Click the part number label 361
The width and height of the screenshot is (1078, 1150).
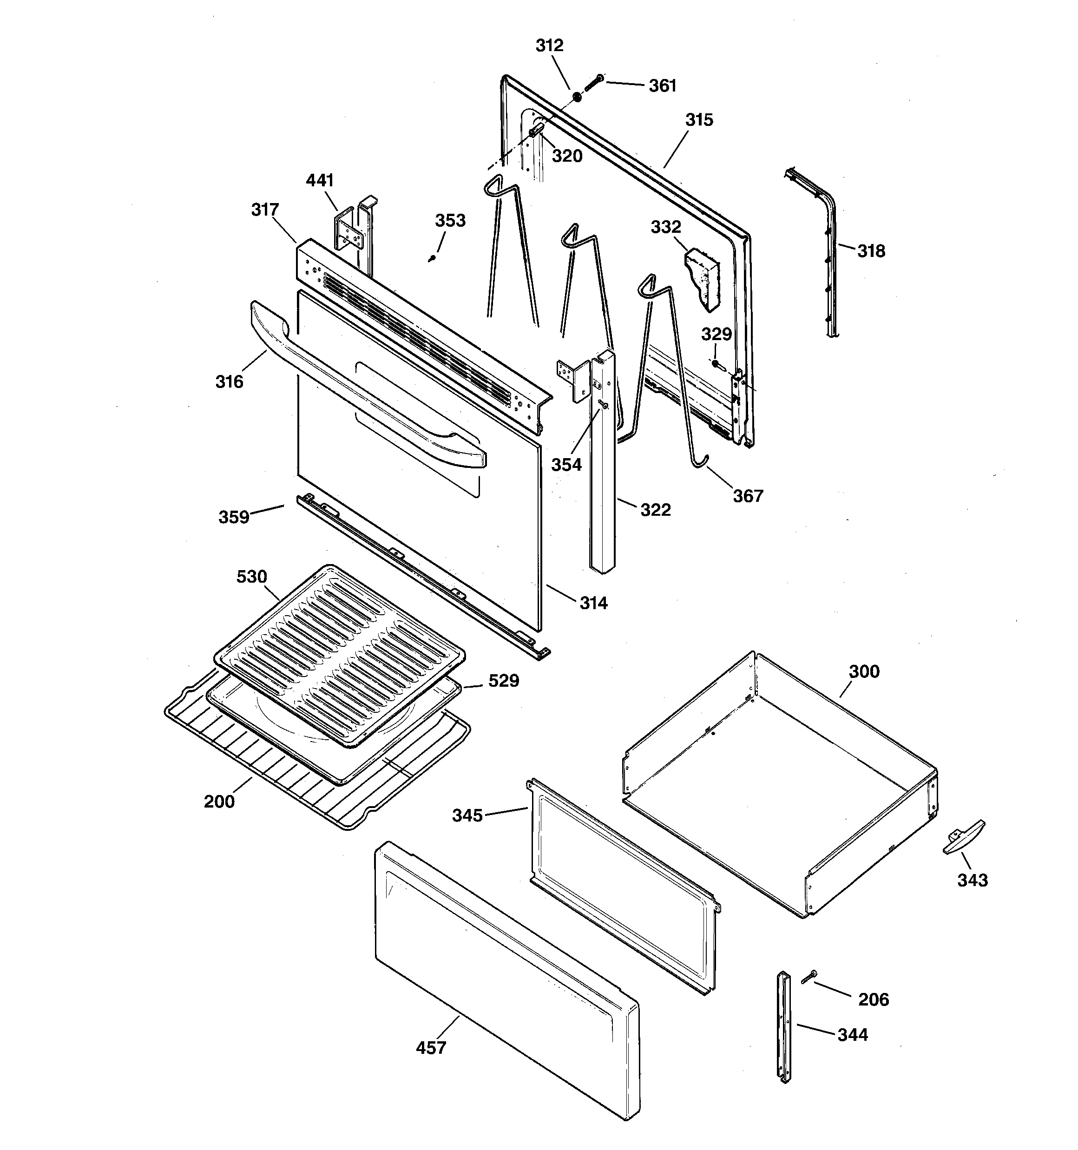click(662, 85)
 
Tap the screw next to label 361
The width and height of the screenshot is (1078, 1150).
click(592, 82)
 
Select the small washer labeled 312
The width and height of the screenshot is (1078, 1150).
click(577, 97)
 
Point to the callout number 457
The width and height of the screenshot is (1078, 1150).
click(431, 1048)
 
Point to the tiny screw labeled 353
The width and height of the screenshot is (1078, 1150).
click(431, 259)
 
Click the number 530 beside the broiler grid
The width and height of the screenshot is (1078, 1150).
click(252, 577)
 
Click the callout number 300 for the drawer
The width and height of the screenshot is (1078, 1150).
click(864, 671)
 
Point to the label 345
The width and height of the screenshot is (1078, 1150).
click(467, 815)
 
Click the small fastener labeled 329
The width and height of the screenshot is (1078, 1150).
click(716, 363)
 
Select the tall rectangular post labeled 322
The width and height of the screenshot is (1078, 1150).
click(603, 474)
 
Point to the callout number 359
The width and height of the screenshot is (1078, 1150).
click(234, 517)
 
